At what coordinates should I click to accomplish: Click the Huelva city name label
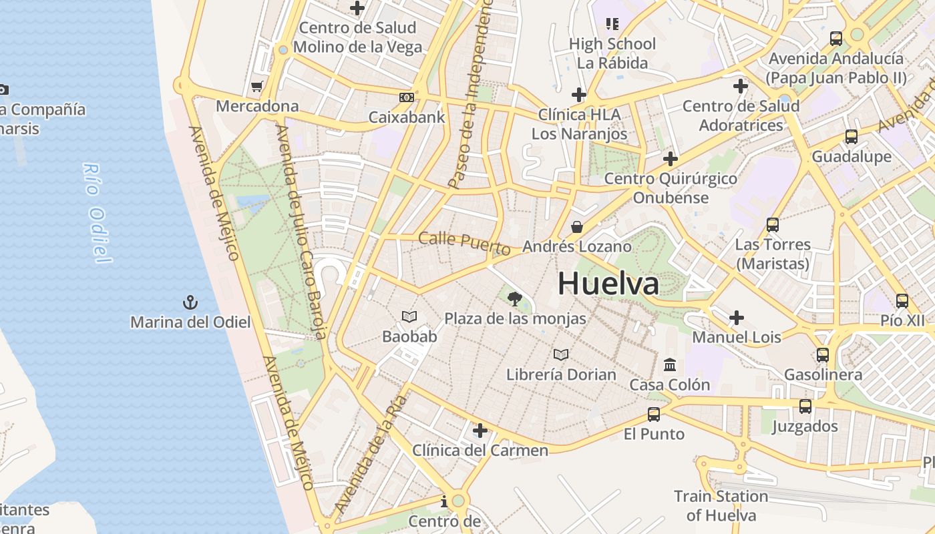click(608, 284)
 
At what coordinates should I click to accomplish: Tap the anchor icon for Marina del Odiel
click(190, 303)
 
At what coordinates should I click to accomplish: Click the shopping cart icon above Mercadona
click(256, 87)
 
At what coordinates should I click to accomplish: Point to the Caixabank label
click(407, 117)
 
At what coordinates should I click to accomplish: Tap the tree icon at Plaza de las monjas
click(514, 298)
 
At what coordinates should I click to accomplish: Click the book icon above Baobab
click(409, 316)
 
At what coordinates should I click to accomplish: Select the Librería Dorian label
click(561, 374)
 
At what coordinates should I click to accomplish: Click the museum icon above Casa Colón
click(670, 365)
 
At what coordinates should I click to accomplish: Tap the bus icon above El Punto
click(654, 414)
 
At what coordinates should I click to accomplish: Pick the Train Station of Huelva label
click(721, 506)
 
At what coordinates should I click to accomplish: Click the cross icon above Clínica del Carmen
click(480, 431)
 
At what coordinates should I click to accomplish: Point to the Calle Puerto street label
click(465, 243)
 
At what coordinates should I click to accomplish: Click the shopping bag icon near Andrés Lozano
click(577, 227)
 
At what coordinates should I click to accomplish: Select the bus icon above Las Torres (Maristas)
click(773, 225)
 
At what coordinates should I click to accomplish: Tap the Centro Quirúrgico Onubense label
click(671, 188)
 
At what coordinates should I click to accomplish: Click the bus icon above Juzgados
click(805, 407)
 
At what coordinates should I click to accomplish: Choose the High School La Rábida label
click(612, 53)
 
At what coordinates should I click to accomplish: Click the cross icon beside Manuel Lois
click(737, 318)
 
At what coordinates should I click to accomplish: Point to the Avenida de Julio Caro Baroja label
click(301, 230)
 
